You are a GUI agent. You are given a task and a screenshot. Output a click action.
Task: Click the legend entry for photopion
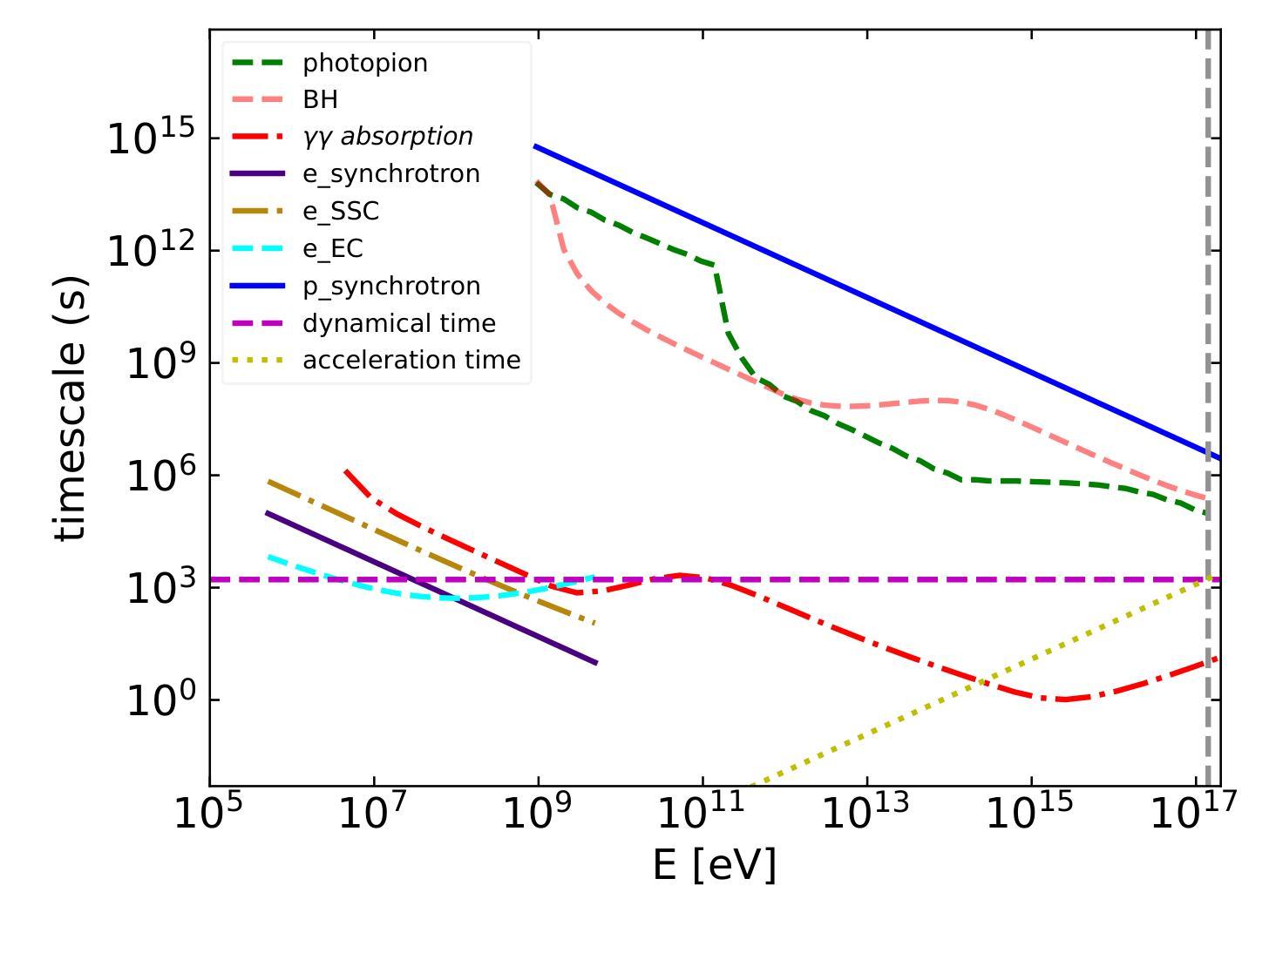coord(365,64)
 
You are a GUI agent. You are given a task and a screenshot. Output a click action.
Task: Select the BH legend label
coord(320,100)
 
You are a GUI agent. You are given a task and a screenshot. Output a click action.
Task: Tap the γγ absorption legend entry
coord(387,137)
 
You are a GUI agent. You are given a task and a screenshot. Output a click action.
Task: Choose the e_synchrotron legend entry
coord(390,174)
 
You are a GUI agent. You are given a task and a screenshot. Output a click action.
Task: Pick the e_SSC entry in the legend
coord(341,212)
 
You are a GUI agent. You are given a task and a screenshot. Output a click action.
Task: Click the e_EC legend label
coord(332,249)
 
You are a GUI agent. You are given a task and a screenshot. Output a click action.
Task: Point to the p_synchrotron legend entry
coord(390,287)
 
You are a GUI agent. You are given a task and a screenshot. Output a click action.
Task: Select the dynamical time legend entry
coord(398,324)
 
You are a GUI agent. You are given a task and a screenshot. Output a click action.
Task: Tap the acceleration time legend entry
coord(411,361)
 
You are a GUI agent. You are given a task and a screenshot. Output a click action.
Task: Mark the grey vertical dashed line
coord(1208,261)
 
